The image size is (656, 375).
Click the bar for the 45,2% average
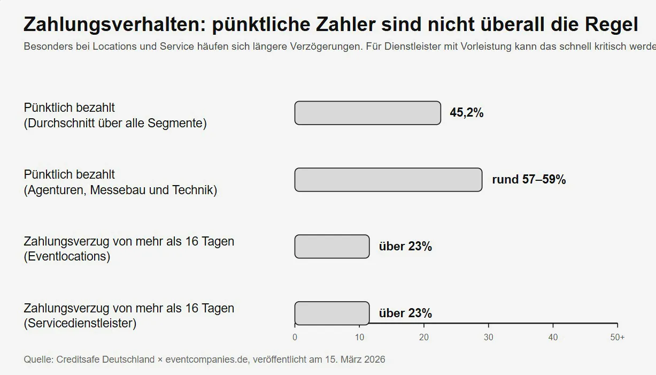(367, 113)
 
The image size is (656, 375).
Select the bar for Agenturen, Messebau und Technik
(388, 180)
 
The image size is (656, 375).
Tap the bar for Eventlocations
(331, 247)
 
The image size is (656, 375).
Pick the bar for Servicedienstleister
(331, 313)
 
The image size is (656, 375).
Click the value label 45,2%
(466, 113)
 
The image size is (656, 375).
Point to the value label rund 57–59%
(528, 180)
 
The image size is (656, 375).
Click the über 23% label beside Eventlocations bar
(405, 247)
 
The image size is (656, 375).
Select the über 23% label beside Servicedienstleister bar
(405, 313)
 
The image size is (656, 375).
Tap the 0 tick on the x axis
(295, 338)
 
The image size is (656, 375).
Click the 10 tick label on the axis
(359, 338)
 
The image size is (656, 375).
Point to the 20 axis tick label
(424, 338)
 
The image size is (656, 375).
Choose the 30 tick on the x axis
(489, 338)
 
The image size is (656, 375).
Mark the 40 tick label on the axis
(553, 338)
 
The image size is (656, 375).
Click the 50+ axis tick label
(618, 338)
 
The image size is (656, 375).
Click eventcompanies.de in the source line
(207, 359)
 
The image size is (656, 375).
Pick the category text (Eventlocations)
(67, 257)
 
